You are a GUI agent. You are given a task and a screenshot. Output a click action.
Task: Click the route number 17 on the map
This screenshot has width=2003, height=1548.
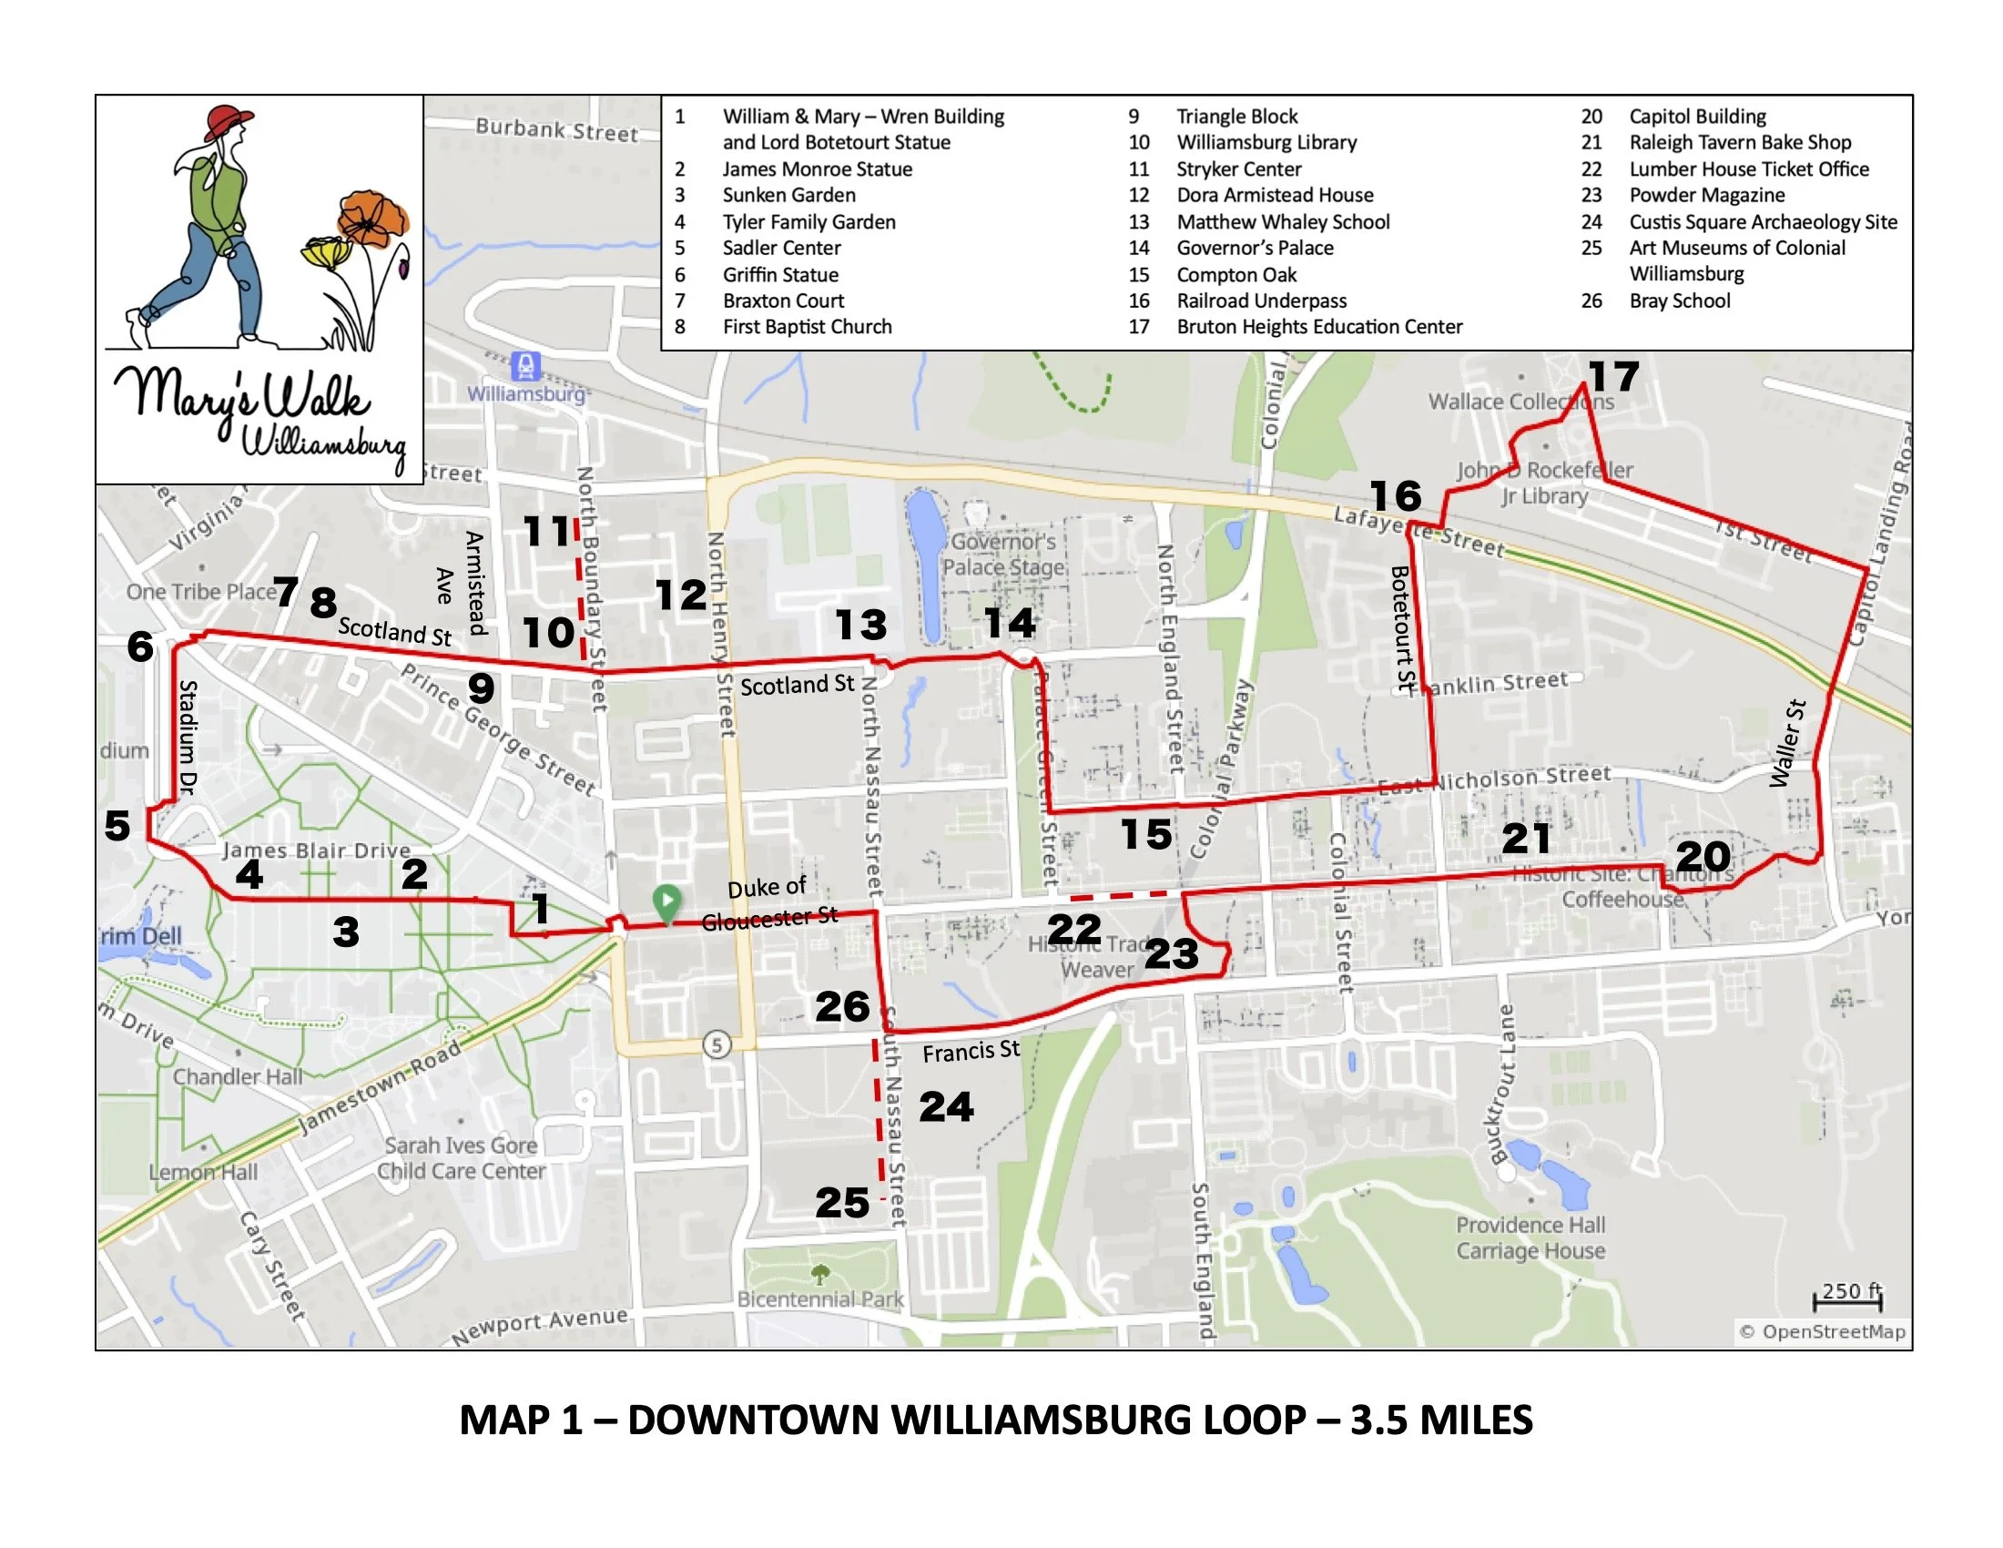tap(1614, 377)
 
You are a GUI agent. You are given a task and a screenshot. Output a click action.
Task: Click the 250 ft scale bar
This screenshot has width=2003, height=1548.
tap(1847, 1297)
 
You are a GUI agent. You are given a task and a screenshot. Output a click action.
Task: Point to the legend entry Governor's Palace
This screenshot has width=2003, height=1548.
tap(1254, 248)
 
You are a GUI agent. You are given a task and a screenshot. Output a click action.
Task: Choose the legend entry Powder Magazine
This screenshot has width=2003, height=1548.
tap(1706, 196)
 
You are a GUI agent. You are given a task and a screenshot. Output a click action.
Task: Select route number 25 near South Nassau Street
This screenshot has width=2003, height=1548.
tap(842, 1203)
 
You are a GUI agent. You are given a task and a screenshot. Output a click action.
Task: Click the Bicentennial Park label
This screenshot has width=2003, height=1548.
tap(820, 1298)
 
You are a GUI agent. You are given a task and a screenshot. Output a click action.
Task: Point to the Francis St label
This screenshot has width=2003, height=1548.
tap(971, 1051)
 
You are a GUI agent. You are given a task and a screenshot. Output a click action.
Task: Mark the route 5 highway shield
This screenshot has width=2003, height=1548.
tap(717, 1044)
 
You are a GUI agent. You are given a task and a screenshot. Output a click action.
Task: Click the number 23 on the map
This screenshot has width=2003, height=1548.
tap(1171, 953)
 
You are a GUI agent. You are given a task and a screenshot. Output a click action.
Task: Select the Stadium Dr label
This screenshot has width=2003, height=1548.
tap(188, 737)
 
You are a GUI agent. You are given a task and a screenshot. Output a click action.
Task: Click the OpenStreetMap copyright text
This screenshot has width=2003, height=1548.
tap(1824, 1331)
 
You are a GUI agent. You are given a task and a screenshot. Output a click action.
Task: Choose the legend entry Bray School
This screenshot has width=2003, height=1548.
tap(1678, 300)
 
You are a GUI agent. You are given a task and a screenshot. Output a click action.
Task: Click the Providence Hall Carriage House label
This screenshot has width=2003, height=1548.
tap(1530, 1238)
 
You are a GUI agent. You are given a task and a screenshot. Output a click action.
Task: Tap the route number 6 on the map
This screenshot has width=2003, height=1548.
tap(140, 646)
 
